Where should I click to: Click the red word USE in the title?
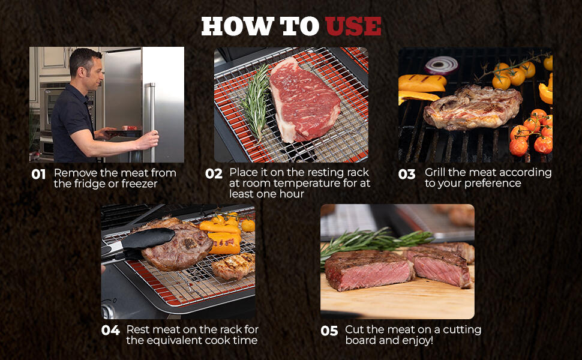353,26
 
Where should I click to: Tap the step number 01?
38,174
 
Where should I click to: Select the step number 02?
214,173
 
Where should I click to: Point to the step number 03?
407,174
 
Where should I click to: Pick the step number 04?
110,331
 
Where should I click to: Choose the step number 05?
329,331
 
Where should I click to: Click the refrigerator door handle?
152,122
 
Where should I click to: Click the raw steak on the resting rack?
304,100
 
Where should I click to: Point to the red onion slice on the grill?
442,65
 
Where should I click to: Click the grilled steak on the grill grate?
473,107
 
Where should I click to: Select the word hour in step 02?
292,194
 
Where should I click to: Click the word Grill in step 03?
435,172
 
